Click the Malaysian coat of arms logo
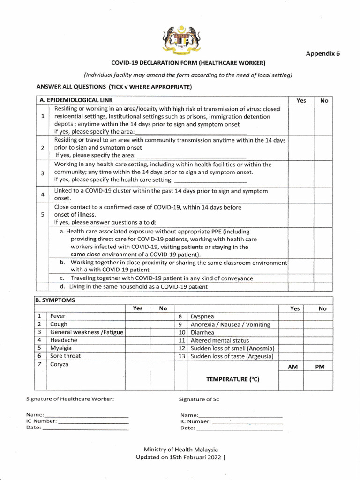181,40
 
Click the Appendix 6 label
322,53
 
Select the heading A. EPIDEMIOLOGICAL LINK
76,100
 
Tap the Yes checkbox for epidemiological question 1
301,120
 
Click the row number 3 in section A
42,173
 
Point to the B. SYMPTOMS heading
55,300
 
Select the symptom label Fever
58,316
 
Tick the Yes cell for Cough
137,324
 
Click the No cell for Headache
163,340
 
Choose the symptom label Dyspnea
202,316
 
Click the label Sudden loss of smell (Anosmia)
232,348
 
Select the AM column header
292,367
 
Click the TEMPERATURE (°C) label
232,379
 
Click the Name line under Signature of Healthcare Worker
86,415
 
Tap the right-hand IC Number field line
247,422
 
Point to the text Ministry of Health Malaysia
181,449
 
